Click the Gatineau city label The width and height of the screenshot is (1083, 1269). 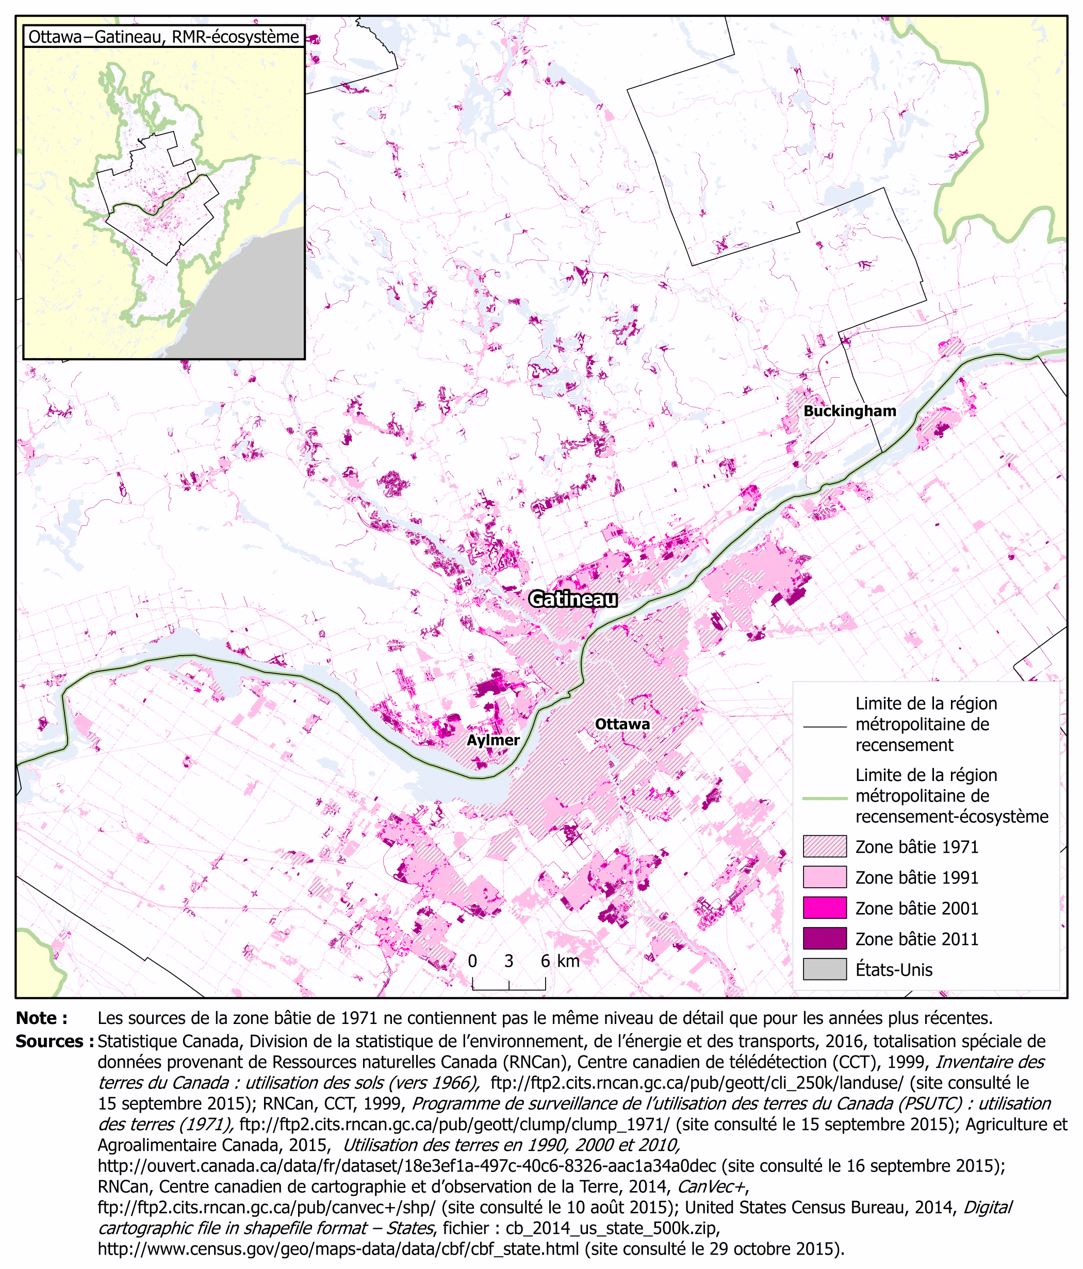pos(572,598)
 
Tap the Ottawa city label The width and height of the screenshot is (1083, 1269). pos(622,724)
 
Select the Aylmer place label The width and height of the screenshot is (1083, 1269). pos(493,740)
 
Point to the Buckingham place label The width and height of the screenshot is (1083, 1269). pos(849,411)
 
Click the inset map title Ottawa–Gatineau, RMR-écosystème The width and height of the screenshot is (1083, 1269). pos(163,37)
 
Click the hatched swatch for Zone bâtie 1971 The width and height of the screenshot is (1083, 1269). pos(824,847)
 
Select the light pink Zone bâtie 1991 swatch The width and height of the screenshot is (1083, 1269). pos(824,877)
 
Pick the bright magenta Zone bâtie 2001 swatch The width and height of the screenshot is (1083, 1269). pos(824,908)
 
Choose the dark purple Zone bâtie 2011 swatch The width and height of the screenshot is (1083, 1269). pos(824,938)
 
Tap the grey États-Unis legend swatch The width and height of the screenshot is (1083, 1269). pos(824,969)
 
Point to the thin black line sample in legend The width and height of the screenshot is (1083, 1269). pos(824,727)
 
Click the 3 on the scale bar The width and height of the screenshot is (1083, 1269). pos(508,961)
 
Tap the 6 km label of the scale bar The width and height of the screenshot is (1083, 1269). pos(560,961)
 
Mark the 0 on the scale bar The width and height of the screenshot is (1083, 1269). pos(472,961)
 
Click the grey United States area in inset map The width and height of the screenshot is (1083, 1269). pos(257,300)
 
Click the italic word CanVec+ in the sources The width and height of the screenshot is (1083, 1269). pos(711,1186)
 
